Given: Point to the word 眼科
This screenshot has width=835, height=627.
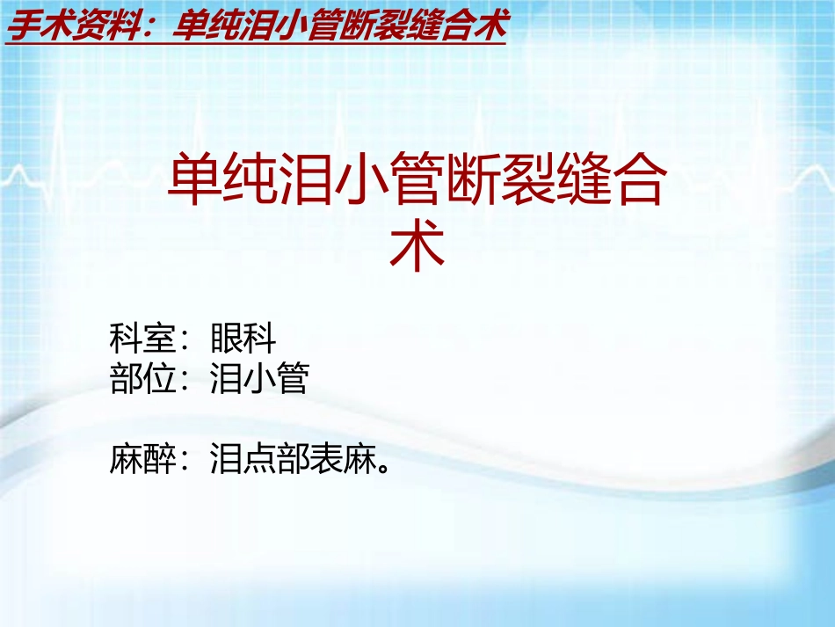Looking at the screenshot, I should (243, 338).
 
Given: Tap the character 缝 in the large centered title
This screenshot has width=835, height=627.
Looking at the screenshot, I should (581, 179).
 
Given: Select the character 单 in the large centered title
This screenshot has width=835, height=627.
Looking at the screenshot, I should (194, 179).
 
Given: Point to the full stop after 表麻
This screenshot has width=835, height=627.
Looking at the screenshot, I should (381, 467).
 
